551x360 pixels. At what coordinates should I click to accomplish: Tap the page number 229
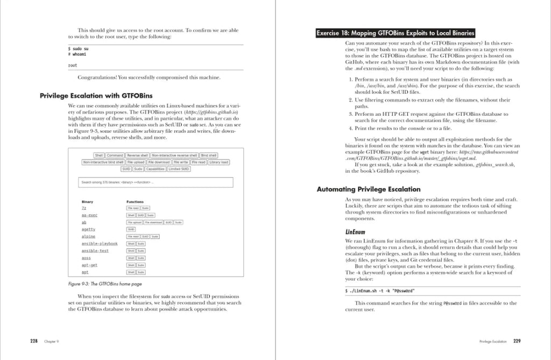tap(517, 341)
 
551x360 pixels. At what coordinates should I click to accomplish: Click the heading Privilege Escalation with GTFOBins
tap(92, 95)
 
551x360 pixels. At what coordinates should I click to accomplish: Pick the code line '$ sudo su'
tap(79, 48)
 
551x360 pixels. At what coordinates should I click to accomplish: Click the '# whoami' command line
tap(77, 54)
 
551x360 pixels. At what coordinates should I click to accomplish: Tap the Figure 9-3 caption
tap(105, 284)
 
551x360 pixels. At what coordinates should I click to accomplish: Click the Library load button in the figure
tap(218, 162)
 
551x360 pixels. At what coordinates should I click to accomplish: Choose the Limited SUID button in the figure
tap(179, 169)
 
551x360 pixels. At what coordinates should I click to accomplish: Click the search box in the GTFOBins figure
tap(156, 182)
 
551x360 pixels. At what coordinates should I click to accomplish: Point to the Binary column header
tap(87, 202)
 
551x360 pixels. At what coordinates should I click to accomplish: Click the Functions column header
tap(135, 202)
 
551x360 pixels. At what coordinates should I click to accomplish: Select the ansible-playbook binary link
tap(100, 244)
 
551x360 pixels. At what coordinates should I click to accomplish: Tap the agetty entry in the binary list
tap(88, 229)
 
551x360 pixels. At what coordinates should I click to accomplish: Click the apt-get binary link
tap(89, 265)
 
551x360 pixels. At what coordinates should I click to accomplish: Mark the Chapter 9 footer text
tap(52, 341)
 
